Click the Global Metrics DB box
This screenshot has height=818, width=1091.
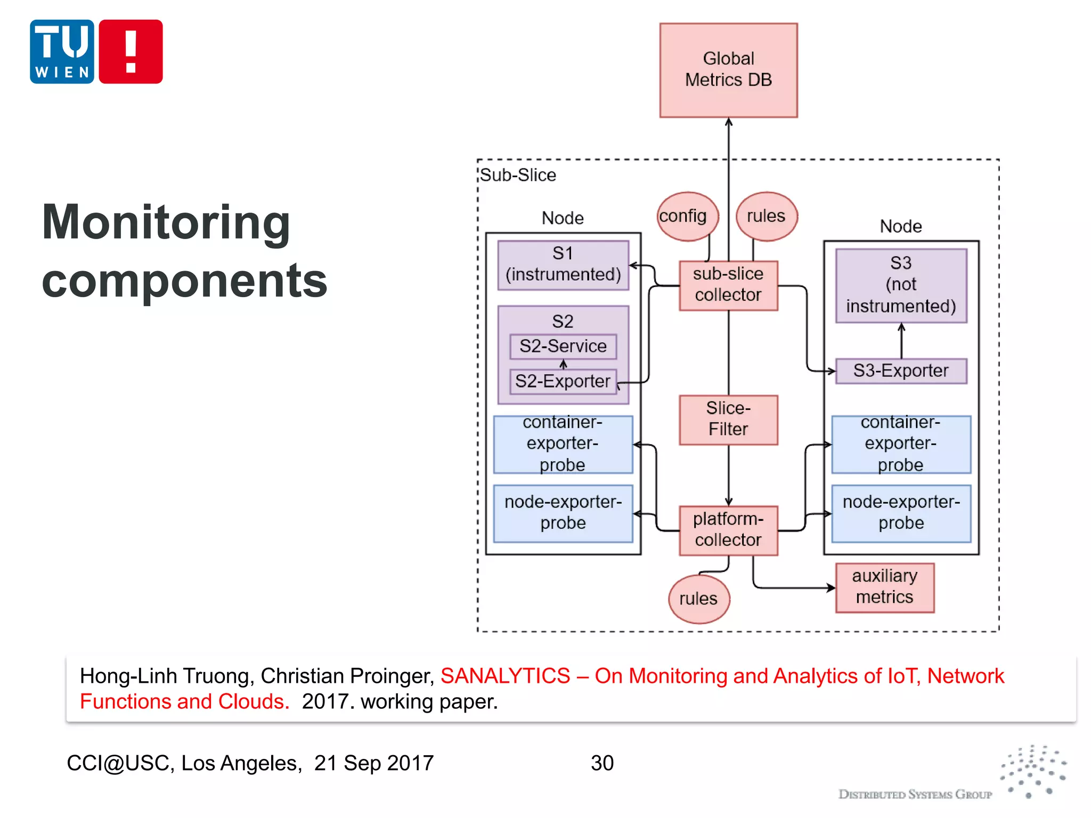728,70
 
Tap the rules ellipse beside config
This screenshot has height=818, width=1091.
767,216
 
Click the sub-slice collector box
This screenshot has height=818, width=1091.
728,285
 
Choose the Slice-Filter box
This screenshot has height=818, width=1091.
728,419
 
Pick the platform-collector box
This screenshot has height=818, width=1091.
728,530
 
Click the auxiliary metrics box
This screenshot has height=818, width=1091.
884,587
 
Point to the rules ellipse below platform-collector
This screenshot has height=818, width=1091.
698,599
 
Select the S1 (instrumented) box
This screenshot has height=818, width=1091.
563,265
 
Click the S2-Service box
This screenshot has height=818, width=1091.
563,346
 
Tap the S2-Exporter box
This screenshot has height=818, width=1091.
563,381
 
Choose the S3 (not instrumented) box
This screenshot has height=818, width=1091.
901,285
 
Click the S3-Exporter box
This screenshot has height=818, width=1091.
901,371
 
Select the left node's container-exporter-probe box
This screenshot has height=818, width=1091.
563,444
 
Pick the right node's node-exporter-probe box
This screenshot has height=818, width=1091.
901,513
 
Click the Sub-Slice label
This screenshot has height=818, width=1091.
518,175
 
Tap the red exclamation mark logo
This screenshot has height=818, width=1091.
131,52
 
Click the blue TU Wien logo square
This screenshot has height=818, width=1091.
62,52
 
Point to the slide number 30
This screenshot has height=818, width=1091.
602,763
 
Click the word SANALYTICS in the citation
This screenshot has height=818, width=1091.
505,676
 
